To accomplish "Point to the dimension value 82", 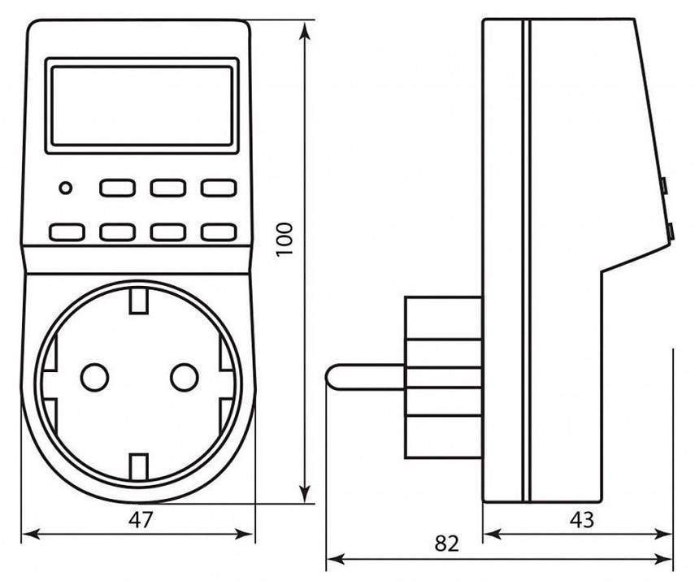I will (x=446, y=542).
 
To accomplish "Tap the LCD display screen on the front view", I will (x=141, y=106).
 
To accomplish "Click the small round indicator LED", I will (x=64, y=189).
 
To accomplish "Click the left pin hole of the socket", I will (x=94, y=376).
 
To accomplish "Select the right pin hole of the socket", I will (x=185, y=376).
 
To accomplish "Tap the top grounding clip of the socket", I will (x=139, y=302).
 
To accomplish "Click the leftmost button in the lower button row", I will (x=67, y=232).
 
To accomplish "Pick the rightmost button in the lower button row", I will (x=217, y=232).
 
